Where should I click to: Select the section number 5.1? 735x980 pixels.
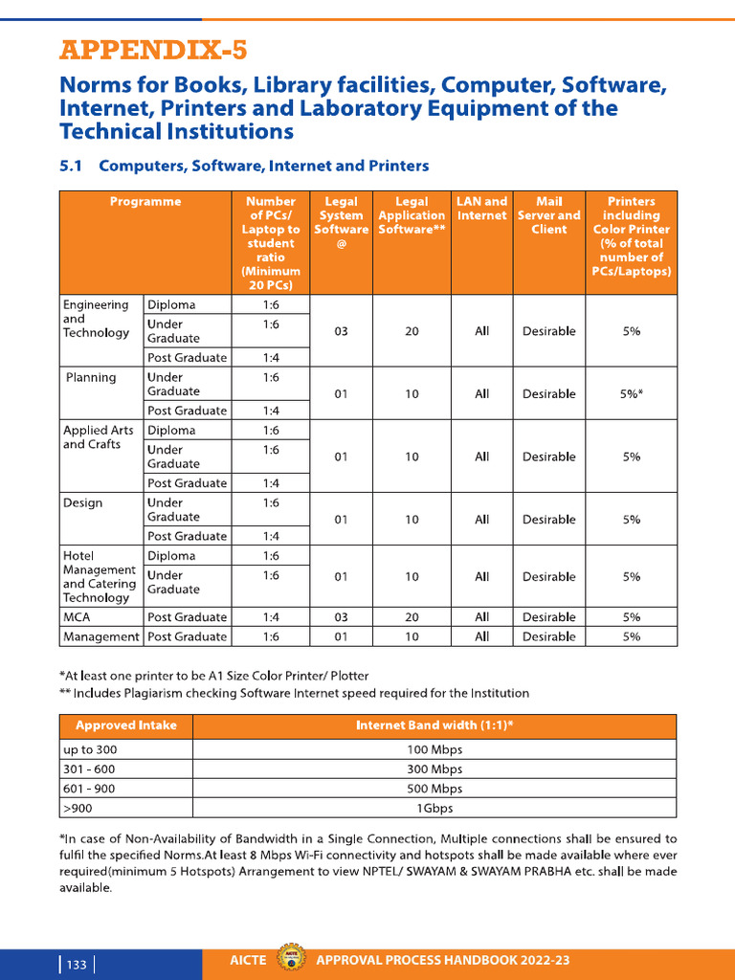pyautogui.click(x=73, y=166)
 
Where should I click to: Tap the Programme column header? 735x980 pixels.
pyautogui.click(x=145, y=202)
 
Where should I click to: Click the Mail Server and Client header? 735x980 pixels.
pyautogui.click(x=548, y=215)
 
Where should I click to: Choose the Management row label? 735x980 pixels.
pyautogui.click(x=100, y=636)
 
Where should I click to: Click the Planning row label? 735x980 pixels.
pyautogui.click(x=91, y=377)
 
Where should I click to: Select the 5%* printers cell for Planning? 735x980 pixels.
pyautogui.click(x=631, y=393)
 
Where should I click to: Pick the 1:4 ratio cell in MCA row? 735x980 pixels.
pyautogui.click(x=271, y=617)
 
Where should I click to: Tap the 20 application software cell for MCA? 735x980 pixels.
pyautogui.click(x=412, y=617)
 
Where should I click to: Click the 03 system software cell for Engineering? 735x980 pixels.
pyautogui.click(x=341, y=331)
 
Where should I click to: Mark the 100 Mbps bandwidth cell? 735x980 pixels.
pyautogui.click(x=434, y=749)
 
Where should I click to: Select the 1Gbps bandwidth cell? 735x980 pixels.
pyautogui.click(x=434, y=808)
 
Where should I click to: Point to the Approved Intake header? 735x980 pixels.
pyautogui.click(x=126, y=725)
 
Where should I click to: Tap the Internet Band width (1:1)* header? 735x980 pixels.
pyautogui.click(x=434, y=725)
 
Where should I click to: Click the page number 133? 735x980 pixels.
pyautogui.click(x=77, y=965)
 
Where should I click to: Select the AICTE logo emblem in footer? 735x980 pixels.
pyautogui.click(x=287, y=960)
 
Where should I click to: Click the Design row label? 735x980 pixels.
pyautogui.click(x=82, y=502)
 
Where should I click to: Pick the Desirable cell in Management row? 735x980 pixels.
pyautogui.click(x=548, y=636)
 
